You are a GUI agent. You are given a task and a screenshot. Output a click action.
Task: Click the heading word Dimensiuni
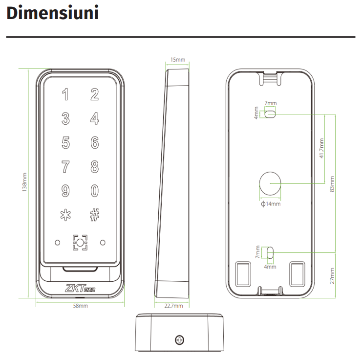point(53,13)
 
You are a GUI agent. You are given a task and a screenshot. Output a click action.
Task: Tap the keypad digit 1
point(65,94)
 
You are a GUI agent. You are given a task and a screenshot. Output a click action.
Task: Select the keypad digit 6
point(95,142)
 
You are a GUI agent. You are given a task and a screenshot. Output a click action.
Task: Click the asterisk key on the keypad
point(65,215)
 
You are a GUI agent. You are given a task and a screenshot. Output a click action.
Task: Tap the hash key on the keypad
point(95,215)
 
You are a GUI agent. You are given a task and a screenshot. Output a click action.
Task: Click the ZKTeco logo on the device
point(80,288)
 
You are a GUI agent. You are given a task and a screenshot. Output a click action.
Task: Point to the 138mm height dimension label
point(24,182)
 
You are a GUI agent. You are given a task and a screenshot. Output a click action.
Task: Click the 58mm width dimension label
point(80,306)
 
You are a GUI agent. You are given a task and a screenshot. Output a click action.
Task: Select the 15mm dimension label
point(177,60)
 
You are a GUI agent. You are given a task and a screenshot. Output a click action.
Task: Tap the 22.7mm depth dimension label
point(173,306)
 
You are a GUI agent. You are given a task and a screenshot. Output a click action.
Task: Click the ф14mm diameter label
point(271,204)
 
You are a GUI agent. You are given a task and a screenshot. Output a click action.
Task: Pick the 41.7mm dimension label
point(321,148)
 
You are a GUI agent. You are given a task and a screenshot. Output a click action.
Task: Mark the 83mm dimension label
point(332,184)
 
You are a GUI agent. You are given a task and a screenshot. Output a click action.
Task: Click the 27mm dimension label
point(332,276)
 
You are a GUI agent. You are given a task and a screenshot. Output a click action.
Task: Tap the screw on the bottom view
point(180,340)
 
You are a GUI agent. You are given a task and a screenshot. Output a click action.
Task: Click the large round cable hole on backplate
point(270,183)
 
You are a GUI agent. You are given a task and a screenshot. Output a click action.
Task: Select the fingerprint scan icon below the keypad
point(80,243)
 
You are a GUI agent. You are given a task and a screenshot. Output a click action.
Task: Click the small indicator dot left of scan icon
point(58,243)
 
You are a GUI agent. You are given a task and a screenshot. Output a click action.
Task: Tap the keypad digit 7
point(65,166)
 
